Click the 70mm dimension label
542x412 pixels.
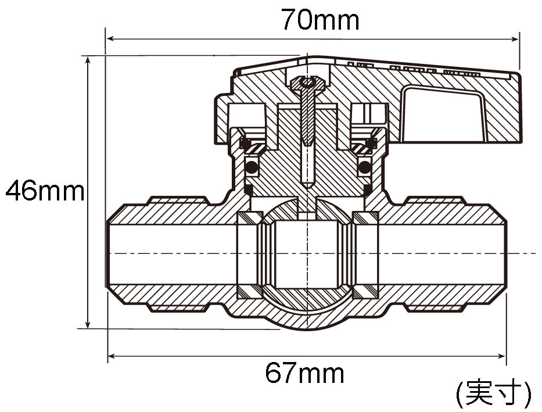coord(320,19)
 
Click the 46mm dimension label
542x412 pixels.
coord(45,191)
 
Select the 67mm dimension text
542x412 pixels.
coord(304,373)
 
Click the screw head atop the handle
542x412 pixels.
coord(308,84)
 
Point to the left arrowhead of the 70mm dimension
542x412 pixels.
coord(110,39)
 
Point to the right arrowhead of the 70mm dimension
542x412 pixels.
coord(515,39)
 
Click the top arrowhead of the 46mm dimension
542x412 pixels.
coord(88,61)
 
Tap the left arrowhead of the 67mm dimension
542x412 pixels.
coord(113,356)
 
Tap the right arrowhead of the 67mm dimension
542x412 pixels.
coord(501,356)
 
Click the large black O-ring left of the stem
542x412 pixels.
coord(252,167)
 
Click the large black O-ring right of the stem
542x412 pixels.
coord(364,167)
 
